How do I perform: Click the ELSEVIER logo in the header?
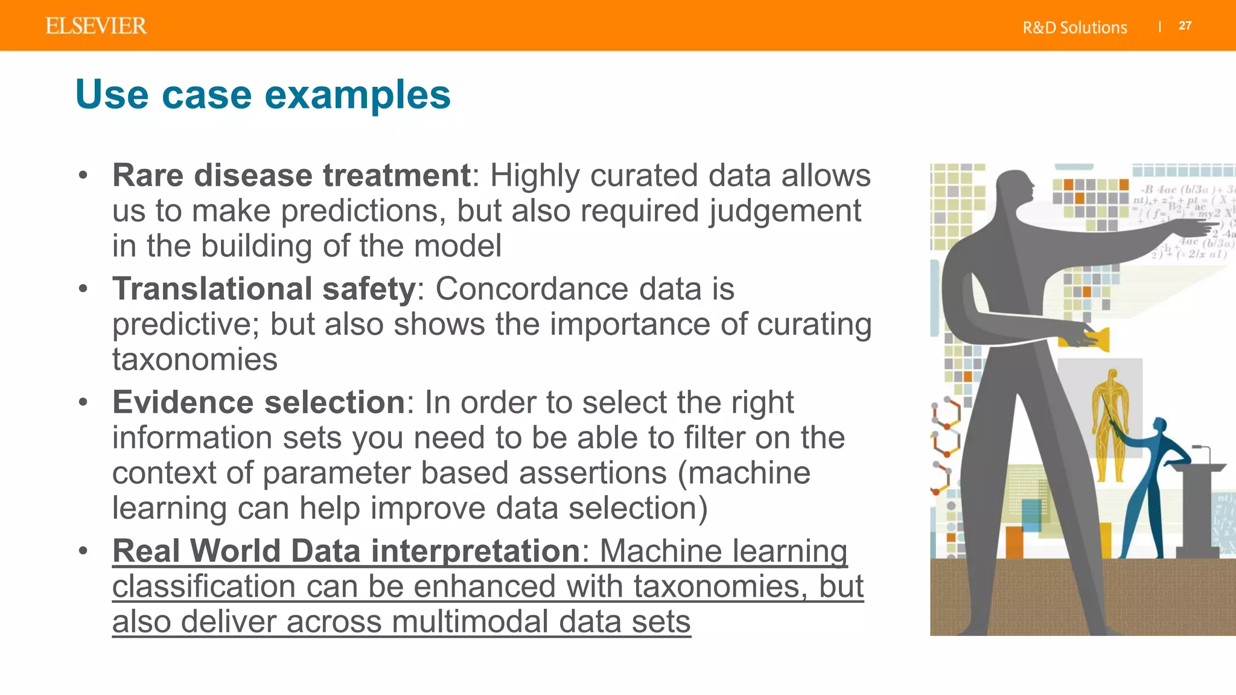point(96,26)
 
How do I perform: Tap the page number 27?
point(1185,26)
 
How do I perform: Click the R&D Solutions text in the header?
point(1074,27)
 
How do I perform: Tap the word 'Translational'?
point(212,288)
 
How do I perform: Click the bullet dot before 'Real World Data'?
point(83,551)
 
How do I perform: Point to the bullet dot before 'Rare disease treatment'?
point(83,176)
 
